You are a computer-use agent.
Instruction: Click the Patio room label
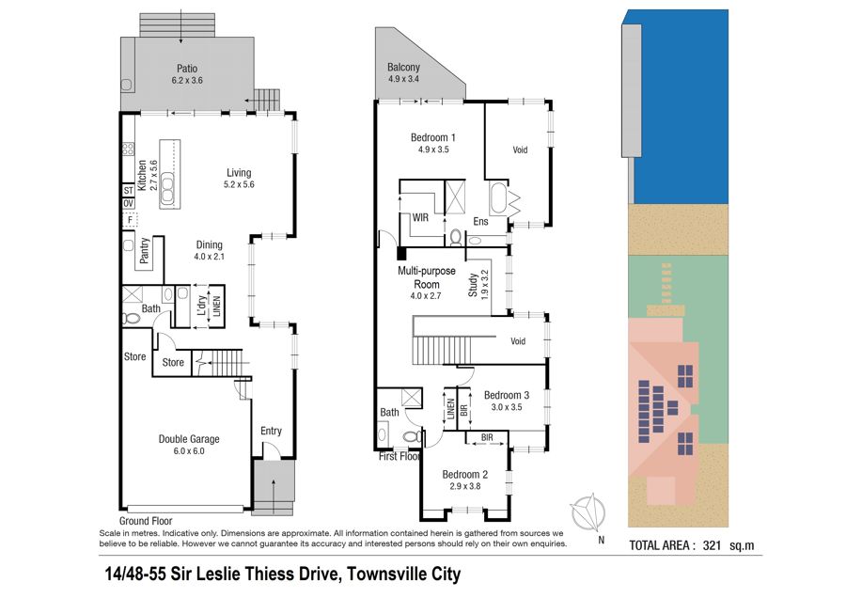[187, 69]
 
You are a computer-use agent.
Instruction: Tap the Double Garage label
[189, 439]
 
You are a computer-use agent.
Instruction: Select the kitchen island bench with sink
[169, 174]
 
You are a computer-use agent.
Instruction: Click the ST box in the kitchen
[129, 191]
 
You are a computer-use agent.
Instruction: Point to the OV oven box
[129, 203]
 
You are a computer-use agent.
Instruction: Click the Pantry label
[144, 250]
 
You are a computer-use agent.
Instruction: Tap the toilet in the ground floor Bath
[131, 319]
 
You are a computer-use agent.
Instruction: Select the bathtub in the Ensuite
[498, 198]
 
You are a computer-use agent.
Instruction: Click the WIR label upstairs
[420, 217]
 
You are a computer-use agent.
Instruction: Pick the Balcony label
[403, 68]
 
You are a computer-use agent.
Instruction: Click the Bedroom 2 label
[465, 475]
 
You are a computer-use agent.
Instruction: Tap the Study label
[473, 285]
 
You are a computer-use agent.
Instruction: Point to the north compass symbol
[588, 511]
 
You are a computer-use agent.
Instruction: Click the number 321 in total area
[712, 545]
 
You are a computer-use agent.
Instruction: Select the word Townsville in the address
[379, 574]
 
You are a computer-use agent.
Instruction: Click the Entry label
[271, 431]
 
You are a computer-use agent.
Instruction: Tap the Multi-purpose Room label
[427, 277]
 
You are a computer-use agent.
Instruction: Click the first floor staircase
[443, 350]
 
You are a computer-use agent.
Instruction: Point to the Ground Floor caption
[146, 521]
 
